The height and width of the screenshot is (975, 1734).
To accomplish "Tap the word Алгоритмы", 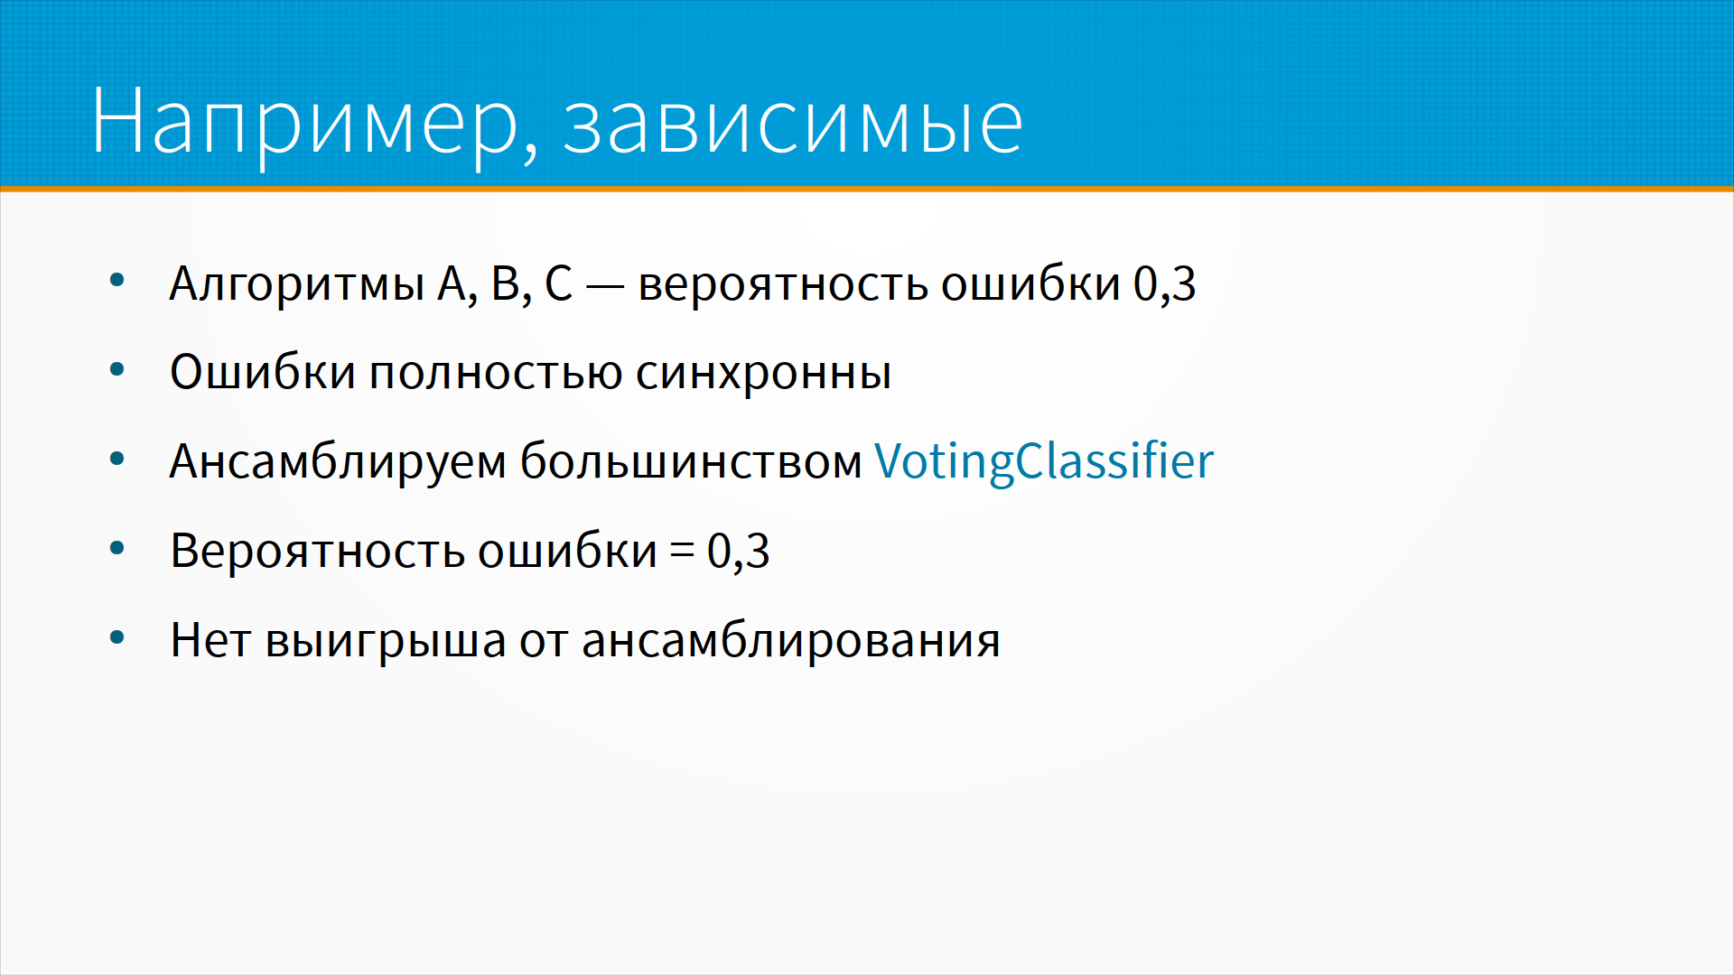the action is [x=297, y=284].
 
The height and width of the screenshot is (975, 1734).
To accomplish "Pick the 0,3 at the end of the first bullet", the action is [x=1165, y=284].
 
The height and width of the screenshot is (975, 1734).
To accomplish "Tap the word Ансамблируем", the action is [x=339, y=461].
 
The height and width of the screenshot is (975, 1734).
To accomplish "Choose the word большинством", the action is [x=691, y=461].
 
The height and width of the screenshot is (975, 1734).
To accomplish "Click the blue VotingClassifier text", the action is [x=1044, y=461].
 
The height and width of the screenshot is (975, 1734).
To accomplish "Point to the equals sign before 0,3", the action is [x=682, y=551].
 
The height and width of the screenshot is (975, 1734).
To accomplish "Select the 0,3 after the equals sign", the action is [x=738, y=551].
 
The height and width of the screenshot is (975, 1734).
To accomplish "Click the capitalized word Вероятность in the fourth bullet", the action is [x=317, y=551].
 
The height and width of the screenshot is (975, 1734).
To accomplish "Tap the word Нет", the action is [x=210, y=640].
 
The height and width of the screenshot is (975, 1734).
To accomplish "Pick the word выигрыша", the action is [x=386, y=642].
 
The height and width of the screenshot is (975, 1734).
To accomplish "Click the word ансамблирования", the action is [x=791, y=641].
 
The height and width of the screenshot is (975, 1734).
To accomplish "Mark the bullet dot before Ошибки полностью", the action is [x=117, y=369].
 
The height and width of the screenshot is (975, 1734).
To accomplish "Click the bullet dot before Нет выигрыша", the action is [x=117, y=638].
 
